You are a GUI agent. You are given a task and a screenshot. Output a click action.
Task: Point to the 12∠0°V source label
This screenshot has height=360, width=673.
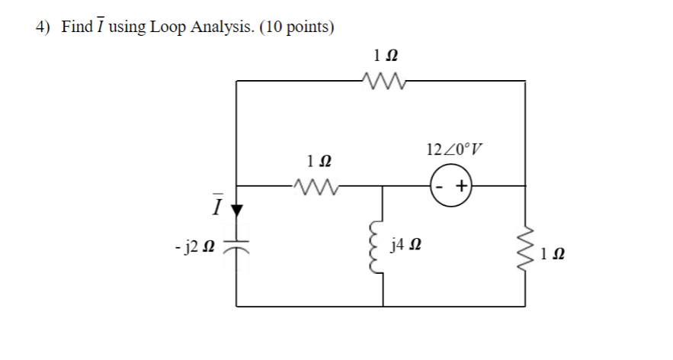click(456, 146)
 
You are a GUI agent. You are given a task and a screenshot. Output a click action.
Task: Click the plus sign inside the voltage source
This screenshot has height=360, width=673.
click(461, 186)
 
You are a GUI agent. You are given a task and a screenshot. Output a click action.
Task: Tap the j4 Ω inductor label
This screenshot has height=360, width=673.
click(405, 246)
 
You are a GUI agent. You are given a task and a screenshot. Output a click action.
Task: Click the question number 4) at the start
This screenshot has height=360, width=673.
click(43, 28)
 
